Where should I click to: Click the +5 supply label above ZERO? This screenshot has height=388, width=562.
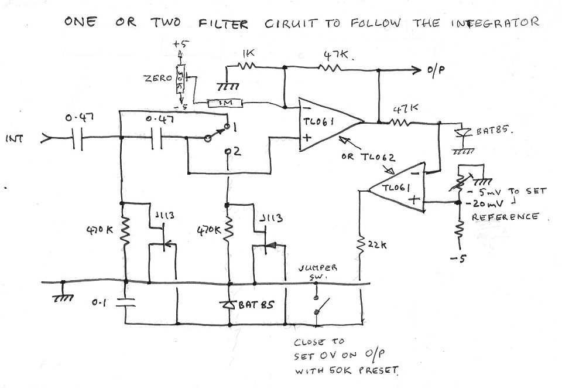click(x=179, y=44)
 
